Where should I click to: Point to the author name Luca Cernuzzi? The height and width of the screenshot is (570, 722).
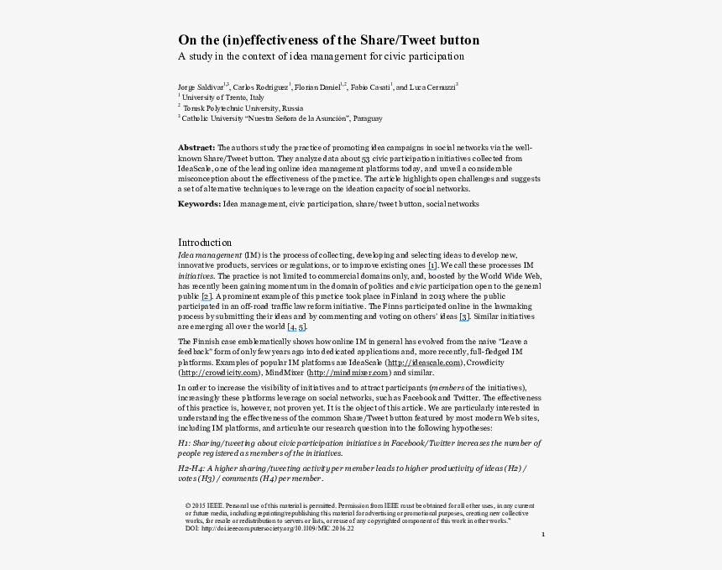pos(431,86)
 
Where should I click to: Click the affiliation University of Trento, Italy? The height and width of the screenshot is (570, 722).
pos(216,97)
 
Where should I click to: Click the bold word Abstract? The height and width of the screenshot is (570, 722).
pos(196,147)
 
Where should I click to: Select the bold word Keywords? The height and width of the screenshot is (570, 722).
pos(199,204)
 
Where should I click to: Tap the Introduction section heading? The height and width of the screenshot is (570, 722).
pos(205,243)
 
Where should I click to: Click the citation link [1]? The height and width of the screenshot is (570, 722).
pos(432,265)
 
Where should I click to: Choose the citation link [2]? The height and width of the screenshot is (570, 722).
pos(206,296)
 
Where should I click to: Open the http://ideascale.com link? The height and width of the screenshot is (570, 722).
pos(419,363)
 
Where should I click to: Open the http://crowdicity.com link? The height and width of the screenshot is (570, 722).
pos(219,373)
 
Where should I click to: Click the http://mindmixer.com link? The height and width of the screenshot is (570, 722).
pos(348,373)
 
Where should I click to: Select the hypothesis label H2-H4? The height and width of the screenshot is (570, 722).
pos(191,467)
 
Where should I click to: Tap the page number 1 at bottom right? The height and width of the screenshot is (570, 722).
pos(543,534)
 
